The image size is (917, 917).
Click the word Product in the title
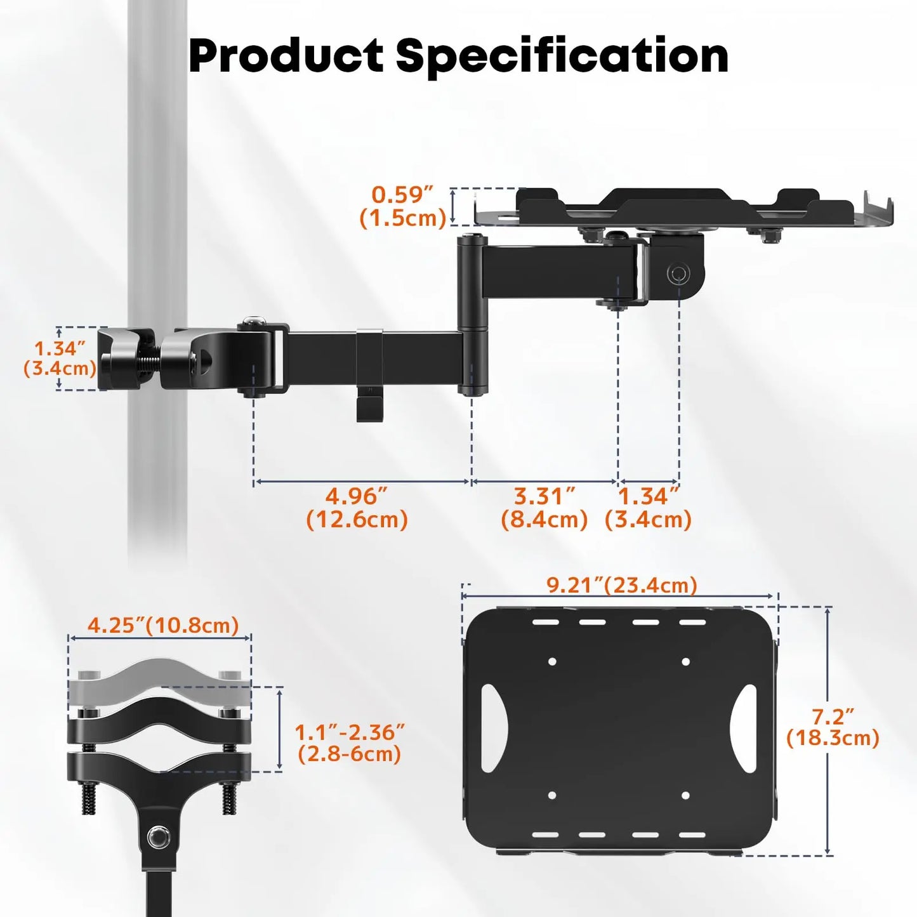point(286,56)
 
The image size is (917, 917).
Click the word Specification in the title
point(562,57)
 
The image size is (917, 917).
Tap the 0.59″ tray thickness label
point(402,194)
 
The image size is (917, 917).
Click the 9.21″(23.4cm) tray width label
point(621,584)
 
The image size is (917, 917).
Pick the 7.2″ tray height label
point(833,716)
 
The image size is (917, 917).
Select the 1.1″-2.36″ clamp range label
point(349,732)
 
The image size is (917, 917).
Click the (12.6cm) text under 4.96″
point(357,520)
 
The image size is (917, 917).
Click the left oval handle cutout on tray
point(493,727)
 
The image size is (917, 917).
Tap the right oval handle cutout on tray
point(744,727)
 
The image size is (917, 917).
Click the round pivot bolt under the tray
point(678,274)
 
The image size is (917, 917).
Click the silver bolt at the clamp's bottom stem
point(157,838)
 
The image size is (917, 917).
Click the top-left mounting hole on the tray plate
point(552,661)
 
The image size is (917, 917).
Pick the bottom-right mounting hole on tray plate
point(685,795)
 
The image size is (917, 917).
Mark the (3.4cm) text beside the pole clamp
point(60,368)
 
